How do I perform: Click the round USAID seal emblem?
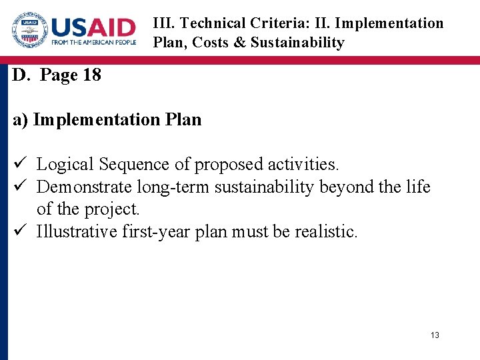click(29, 31)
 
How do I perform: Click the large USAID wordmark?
click(93, 27)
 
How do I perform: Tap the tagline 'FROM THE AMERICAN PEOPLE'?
click(93, 43)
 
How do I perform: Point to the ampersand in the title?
click(239, 43)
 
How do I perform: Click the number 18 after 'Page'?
click(91, 75)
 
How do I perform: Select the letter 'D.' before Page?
click(21, 75)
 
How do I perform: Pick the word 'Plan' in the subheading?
click(182, 120)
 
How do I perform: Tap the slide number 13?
click(435, 335)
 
